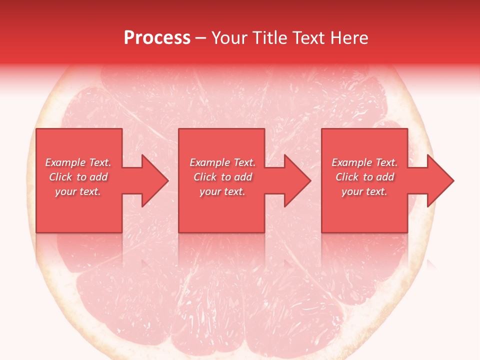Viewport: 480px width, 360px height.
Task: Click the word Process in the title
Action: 157,38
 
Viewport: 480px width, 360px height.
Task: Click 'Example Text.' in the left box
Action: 78,162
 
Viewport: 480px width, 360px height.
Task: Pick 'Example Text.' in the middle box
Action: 222,162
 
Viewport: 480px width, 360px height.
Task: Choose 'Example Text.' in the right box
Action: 364,162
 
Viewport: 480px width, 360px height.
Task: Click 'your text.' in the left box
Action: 78,191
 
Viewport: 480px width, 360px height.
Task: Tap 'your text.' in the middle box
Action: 222,191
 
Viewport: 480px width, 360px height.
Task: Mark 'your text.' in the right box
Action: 364,191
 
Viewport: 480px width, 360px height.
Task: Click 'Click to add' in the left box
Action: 78,177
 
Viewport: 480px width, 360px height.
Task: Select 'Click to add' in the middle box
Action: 222,177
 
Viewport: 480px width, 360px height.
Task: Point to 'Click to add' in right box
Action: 364,177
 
